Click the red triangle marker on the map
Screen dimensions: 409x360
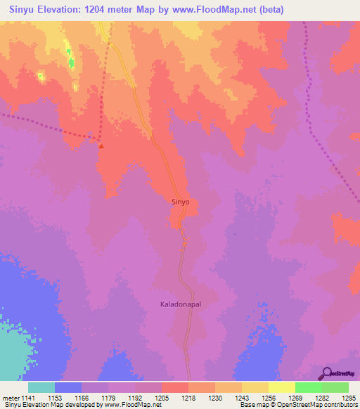[x=101, y=146]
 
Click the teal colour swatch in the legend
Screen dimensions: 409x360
[x=41, y=387]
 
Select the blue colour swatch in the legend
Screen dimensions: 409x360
[x=68, y=387]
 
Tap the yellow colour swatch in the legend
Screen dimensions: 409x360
[x=282, y=387]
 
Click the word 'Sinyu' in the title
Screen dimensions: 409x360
[x=25, y=11]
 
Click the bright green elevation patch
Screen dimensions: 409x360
[x=71, y=62]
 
